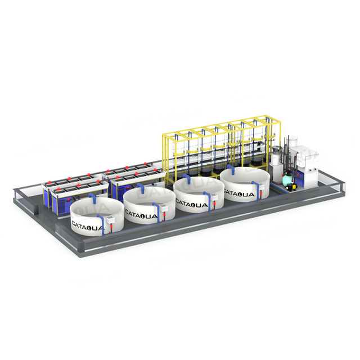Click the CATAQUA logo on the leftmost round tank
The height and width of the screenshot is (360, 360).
click(87, 224)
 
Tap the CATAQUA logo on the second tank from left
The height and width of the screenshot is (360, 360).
click(138, 213)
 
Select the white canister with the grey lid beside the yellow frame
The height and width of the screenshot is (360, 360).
click(276, 159)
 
